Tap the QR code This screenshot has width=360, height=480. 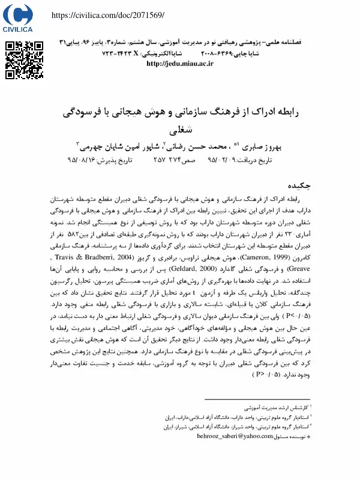click(x=25, y=61)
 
